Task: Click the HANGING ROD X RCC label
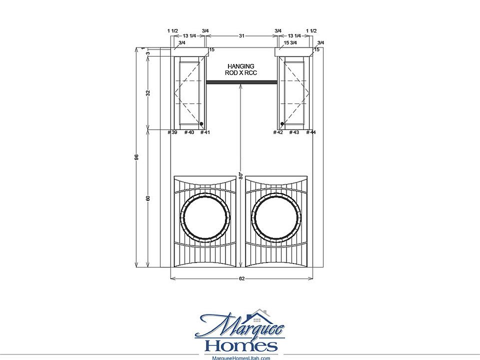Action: [241, 69]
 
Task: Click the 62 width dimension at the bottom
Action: [241, 278]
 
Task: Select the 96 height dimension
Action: [136, 156]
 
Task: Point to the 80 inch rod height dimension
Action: [241, 175]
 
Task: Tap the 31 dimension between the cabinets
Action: [241, 36]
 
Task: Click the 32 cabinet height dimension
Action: [148, 93]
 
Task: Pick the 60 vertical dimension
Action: [148, 198]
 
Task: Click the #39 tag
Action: [172, 132]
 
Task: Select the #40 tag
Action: [189, 132]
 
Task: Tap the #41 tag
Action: [205, 132]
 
